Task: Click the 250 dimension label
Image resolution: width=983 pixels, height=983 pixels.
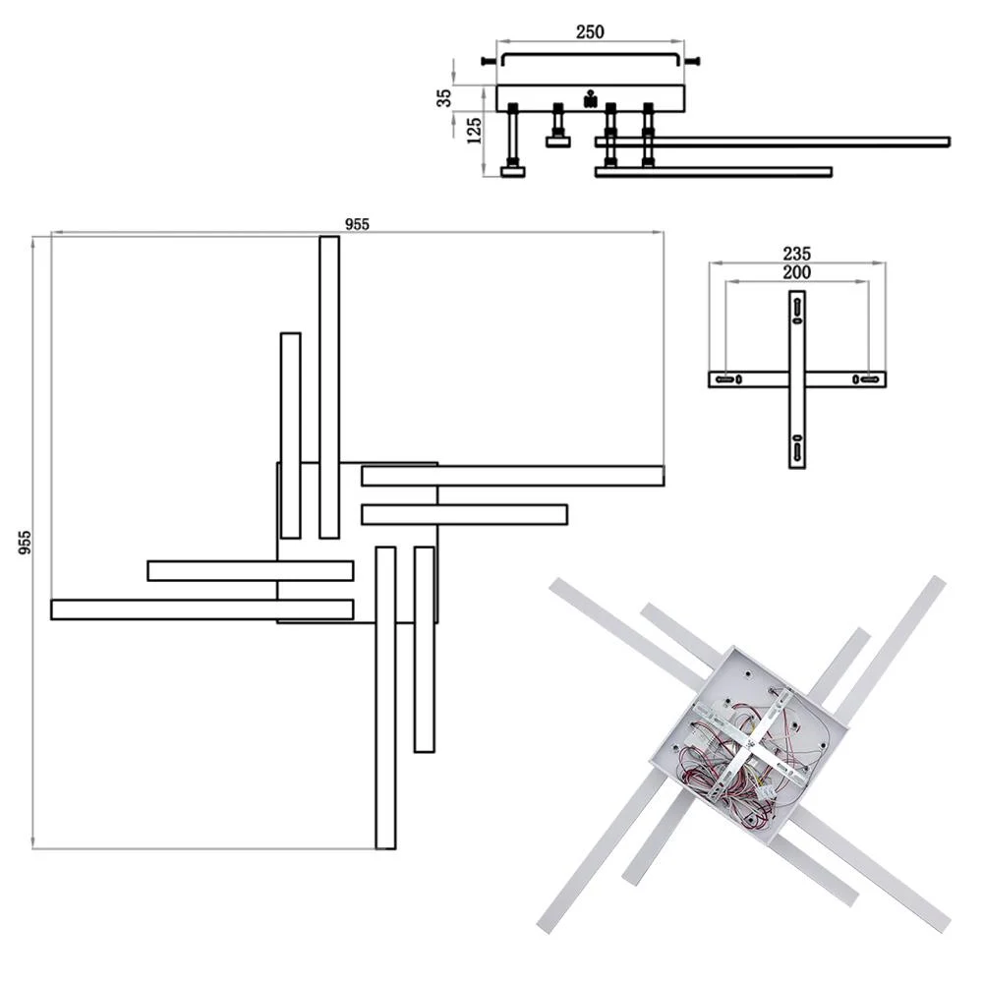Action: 589,32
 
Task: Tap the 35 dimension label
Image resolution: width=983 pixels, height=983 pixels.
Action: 444,97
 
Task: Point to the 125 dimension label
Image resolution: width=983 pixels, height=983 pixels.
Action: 475,131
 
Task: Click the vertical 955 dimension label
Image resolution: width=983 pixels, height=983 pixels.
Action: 25,543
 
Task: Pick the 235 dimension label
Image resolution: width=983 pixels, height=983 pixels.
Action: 796,254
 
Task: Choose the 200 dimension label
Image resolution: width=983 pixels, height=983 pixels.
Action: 796,272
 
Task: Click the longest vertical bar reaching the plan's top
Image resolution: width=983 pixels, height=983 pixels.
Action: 329,386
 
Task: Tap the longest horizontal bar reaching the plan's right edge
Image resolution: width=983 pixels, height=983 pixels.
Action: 512,476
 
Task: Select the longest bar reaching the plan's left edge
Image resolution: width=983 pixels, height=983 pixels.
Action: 202,609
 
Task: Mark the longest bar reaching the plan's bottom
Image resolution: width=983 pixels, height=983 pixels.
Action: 385,698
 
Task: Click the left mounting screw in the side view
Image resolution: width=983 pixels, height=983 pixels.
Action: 490,61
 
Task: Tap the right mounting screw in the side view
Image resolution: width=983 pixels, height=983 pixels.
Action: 691,61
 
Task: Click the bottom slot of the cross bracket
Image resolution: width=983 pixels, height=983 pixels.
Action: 797,451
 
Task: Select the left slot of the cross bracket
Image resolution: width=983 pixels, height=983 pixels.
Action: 724,379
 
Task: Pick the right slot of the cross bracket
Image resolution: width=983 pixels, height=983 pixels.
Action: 869,379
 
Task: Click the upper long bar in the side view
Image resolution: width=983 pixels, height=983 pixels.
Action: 773,142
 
